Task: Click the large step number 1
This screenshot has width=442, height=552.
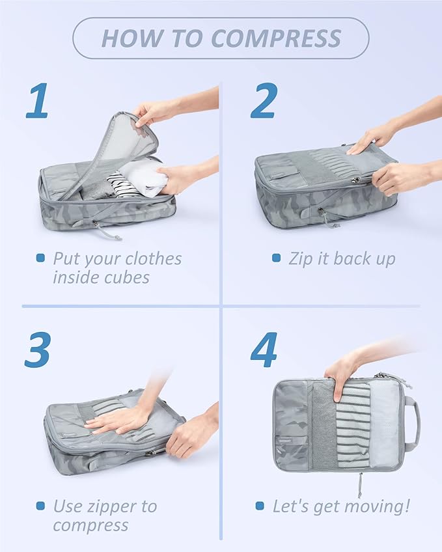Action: pos(38,102)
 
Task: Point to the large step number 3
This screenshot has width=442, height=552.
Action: pos(38,350)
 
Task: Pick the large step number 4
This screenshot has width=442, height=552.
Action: pos(264,350)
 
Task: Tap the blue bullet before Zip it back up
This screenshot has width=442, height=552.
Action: pos(276,258)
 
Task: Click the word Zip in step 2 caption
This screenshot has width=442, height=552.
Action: pos(301,258)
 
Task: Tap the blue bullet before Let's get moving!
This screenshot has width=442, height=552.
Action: pos(260,506)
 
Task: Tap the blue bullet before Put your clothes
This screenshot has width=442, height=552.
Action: pos(40,258)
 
